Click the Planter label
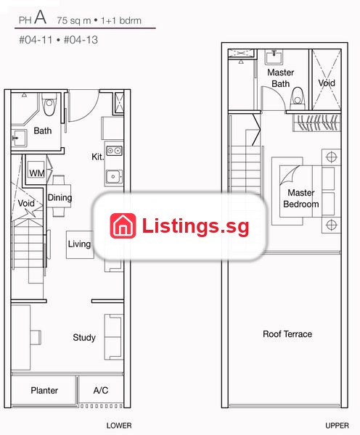point(44,390)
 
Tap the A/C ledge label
point(101,390)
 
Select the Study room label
point(84,337)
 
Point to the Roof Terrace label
point(287,333)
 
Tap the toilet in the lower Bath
point(49,104)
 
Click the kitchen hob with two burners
point(114,151)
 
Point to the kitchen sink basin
point(114,176)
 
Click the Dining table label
point(60,197)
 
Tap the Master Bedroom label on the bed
point(300,199)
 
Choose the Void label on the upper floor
point(327,83)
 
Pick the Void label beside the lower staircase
point(26,203)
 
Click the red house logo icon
point(123,225)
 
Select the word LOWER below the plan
point(119,426)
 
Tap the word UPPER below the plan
point(337,426)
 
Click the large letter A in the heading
point(41,17)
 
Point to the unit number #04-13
point(81,40)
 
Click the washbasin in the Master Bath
point(274,57)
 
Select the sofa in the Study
point(113,337)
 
